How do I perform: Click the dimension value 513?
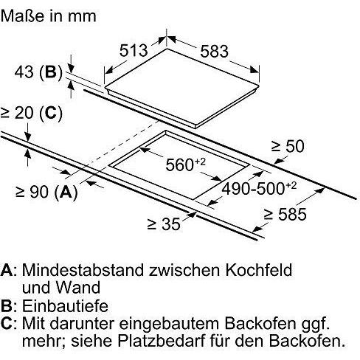pos(134,50)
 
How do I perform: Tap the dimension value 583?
pos(214,52)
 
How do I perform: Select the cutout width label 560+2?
pos(185,164)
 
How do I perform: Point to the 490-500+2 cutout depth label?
pos(259,188)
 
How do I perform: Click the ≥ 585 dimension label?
pos(285,214)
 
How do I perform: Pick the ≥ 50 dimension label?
pos(288,146)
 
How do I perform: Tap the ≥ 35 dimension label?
pos(164,224)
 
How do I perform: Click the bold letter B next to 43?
pos(51,72)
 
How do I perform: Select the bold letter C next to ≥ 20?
pos(50,113)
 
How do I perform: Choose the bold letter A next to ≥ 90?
pos(66,192)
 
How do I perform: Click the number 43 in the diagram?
pos(24,72)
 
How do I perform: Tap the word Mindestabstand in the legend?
pos(83,270)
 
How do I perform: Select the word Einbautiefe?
pos(65,306)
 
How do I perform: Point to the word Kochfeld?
pos(259,270)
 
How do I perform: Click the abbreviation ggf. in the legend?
pos(316,325)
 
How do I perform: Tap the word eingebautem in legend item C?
pos(169,325)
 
